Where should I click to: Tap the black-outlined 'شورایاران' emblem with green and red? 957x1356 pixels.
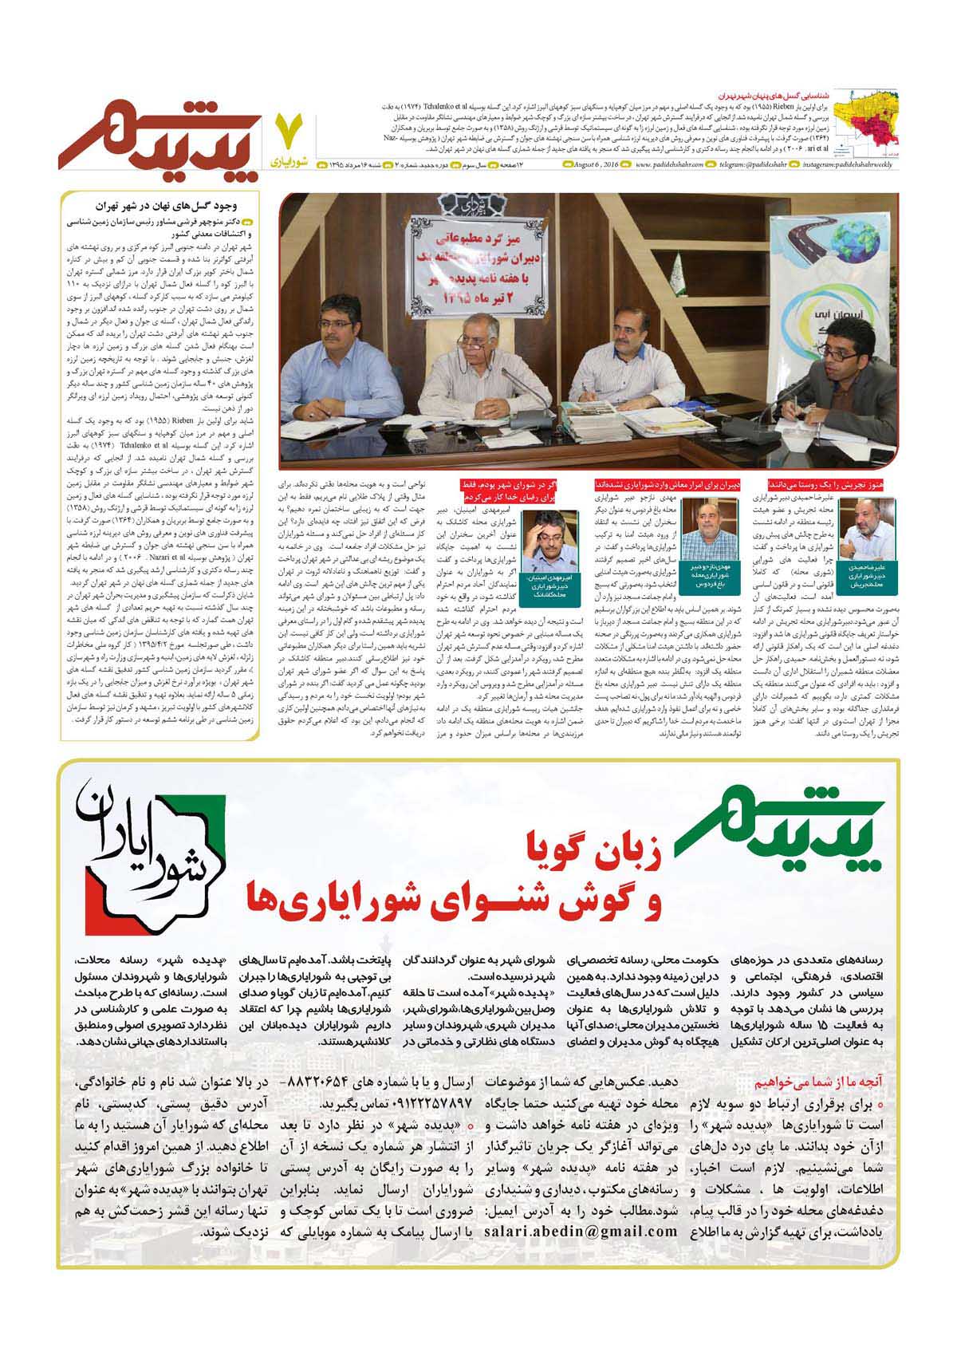[152, 853]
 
